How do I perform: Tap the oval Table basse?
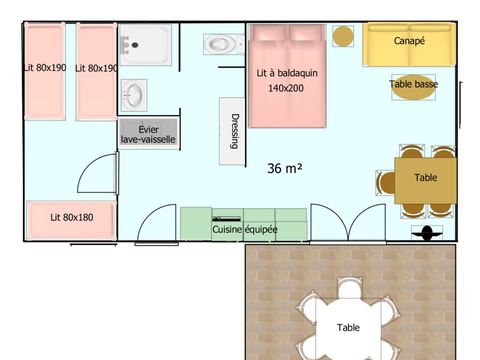pyautogui.click(x=413, y=85)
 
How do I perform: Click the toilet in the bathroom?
pyautogui.click(x=219, y=45)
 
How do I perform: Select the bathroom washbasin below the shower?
pyautogui.click(x=135, y=96)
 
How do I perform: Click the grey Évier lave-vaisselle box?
pyautogui.click(x=148, y=134)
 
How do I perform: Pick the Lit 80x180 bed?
pyautogui.click(x=70, y=216)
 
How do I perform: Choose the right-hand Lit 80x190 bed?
pyautogui.click(x=97, y=70)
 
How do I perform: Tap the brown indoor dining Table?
pyautogui.click(x=425, y=179)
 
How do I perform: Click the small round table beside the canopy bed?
pyautogui.click(x=343, y=36)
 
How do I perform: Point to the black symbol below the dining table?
pyautogui.click(x=428, y=233)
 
